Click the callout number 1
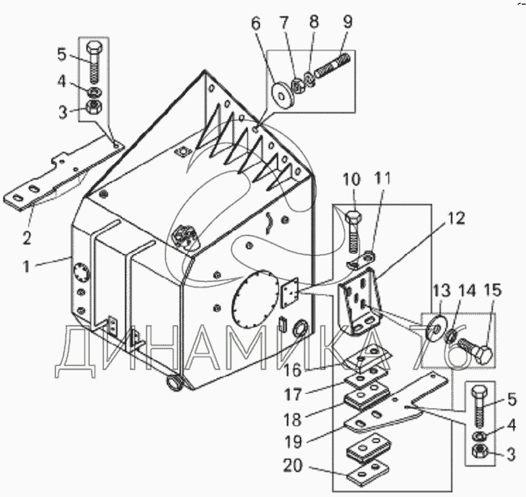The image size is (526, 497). click(26, 267)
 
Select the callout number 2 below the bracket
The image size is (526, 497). click(27, 238)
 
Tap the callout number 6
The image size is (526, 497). click(255, 24)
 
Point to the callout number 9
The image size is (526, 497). click(347, 22)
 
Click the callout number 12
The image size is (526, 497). click(455, 219)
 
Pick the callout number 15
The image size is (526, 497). click(493, 290)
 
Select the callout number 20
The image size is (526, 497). click(292, 466)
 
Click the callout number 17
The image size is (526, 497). click(293, 394)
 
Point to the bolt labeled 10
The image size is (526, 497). click(353, 232)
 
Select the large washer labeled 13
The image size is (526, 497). click(436, 326)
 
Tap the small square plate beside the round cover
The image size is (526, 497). click(290, 292)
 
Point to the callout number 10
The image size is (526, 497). click(351, 180)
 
